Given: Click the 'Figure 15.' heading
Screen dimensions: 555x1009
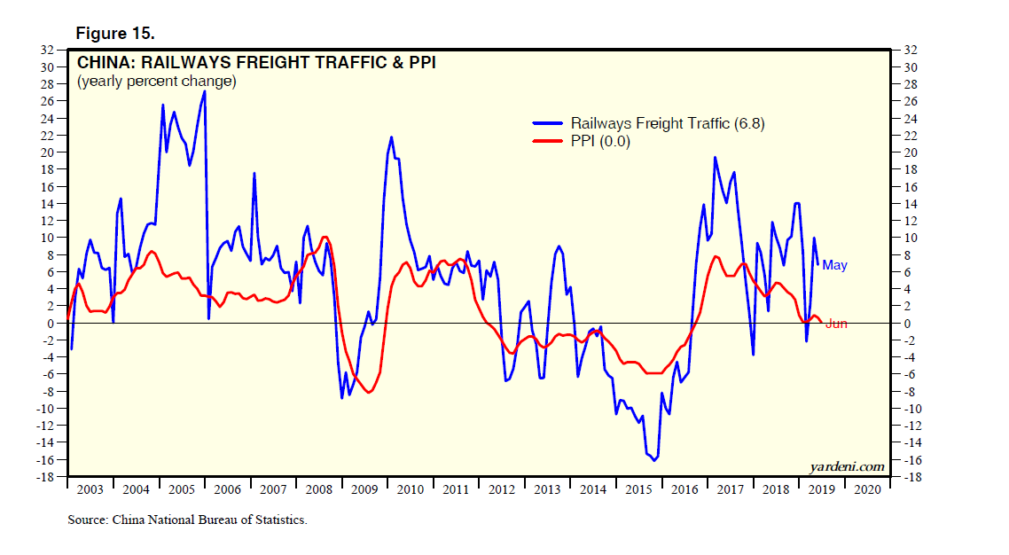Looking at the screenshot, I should click(115, 34).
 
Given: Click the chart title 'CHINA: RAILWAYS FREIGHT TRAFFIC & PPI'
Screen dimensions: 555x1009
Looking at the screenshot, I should click(256, 63).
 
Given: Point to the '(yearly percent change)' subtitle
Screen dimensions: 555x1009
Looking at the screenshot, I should click(156, 82).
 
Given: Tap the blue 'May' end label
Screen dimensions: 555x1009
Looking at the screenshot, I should click(834, 264).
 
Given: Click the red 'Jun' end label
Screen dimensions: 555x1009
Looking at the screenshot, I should click(836, 324).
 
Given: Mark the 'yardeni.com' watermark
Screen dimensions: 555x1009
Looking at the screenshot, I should click(847, 466).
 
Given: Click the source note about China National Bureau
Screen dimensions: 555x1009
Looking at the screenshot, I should click(187, 520).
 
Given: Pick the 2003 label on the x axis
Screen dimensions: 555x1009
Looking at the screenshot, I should click(90, 489).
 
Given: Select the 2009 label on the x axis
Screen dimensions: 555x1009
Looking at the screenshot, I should click(364, 489).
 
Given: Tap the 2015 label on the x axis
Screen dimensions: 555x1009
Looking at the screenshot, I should click(636, 489).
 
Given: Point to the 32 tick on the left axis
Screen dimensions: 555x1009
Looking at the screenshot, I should click(50, 50).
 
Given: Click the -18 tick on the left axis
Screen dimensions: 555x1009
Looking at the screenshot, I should click(47, 477).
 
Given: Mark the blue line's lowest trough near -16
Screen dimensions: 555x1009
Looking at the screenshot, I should click(654, 460).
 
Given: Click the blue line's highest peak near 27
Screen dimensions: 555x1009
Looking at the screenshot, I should click(205, 91).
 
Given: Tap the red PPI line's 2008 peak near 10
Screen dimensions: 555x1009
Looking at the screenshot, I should click(325, 237).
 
